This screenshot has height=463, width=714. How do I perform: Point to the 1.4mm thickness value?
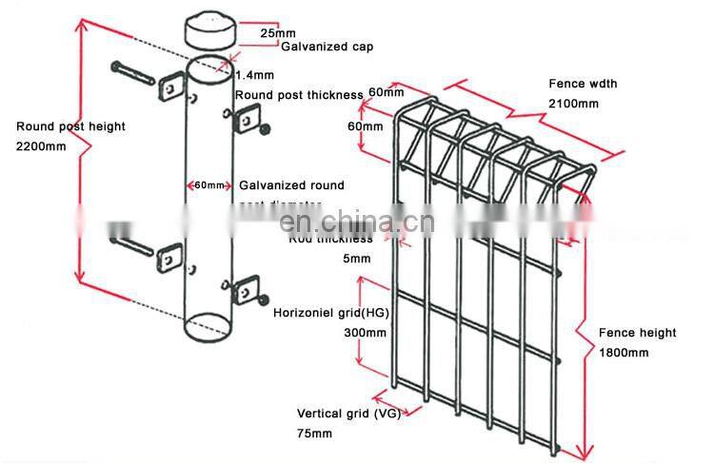pyautogui.click(x=255, y=73)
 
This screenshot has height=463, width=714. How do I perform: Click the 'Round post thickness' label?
pyautogui.click(x=299, y=95)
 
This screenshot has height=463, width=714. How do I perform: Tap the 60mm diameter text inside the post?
pyautogui.click(x=208, y=185)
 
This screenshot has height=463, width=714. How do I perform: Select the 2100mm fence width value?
pyautogui.click(x=571, y=103)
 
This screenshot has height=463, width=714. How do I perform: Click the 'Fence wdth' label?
pyautogui.click(x=583, y=84)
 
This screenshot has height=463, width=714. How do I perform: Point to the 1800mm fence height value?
pyautogui.click(x=624, y=353)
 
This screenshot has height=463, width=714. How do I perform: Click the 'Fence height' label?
pyautogui.click(x=637, y=333)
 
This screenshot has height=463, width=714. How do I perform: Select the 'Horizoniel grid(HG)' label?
pyautogui.click(x=330, y=313)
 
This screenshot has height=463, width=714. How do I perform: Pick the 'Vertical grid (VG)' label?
pyautogui.click(x=348, y=414)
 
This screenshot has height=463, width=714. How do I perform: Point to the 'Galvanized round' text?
pyautogui.click(x=291, y=185)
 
